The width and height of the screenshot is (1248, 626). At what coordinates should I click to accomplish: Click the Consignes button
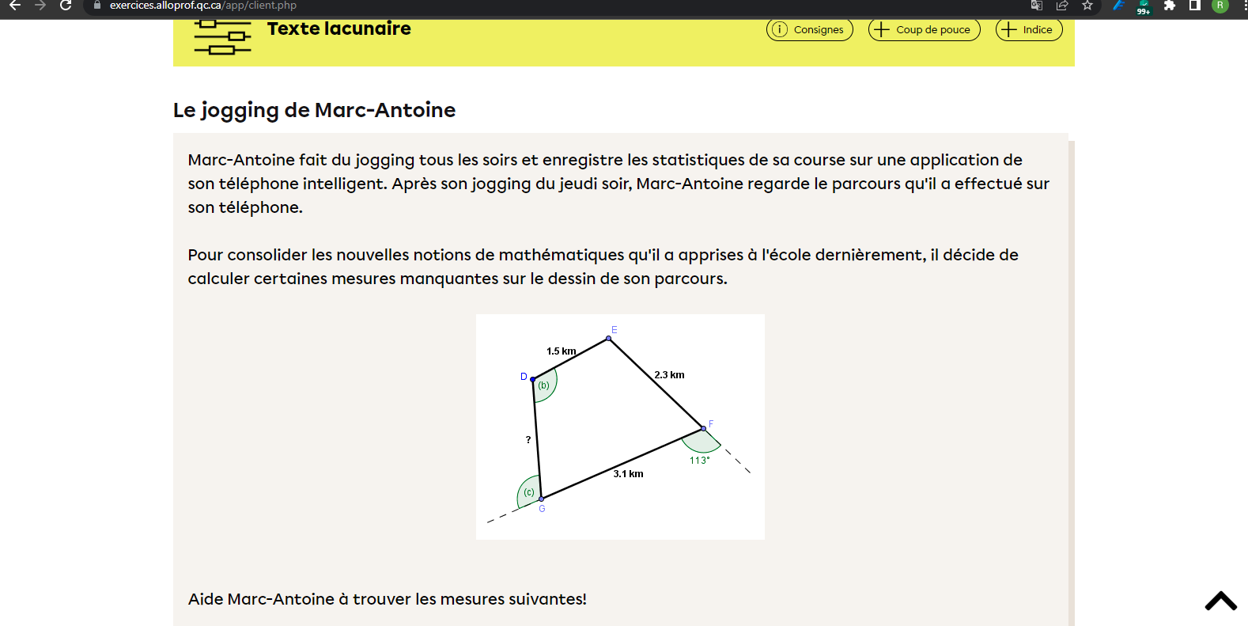pyautogui.click(x=809, y=30)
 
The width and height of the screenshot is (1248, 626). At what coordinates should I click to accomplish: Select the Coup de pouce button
pyautogui.click(x=924, y=30)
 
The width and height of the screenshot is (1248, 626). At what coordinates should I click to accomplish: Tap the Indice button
pyautogui.click(x=1028, y=30)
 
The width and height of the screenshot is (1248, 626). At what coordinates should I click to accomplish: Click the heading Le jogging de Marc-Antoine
pyautogui.click(x=314, y=110)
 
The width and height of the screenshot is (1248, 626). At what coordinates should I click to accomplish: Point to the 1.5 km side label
pyautogui.click(x=561, y=351)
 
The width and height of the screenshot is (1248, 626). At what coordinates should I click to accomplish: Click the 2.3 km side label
pyautogui.click(x=669, y=375)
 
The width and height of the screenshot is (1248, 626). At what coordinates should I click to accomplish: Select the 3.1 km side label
pyautogui.click(x=628, y=474)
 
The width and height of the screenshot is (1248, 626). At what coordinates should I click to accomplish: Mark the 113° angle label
pyautogui.click(x=699, y=461)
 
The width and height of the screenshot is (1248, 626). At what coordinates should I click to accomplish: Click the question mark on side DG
pyautogui.click(x=528, y=440)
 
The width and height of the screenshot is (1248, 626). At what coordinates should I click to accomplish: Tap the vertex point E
pyautogui.click(x=608, y=339)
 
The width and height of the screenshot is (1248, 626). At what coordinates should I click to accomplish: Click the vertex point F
pyautogui.click(x=703, y=428)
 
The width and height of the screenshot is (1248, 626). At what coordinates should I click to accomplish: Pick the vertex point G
pyautogui.click(x=541, y=499)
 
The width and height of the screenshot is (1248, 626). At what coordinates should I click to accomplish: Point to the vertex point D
pyautogui.click(x=533, y=380)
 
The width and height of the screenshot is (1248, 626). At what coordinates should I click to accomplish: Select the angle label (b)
pyautogui.click(x=544, y=386)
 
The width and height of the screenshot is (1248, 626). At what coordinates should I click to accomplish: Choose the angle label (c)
pyautogui.click(x=529, y=492)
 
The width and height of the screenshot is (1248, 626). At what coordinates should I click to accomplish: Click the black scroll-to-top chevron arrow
pyautogui.click(x=1220, y=601)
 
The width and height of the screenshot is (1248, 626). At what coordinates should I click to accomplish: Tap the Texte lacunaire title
pyautogui.click(x=338, y=29)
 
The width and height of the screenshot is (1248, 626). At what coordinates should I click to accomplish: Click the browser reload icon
pyautogui.click(x=66, y=6)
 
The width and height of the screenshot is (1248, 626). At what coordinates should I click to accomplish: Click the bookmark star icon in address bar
pyautogui.click(x=1087, y=6)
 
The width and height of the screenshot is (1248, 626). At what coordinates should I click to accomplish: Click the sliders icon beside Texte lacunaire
pyautogui.click(x=222, y=37)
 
